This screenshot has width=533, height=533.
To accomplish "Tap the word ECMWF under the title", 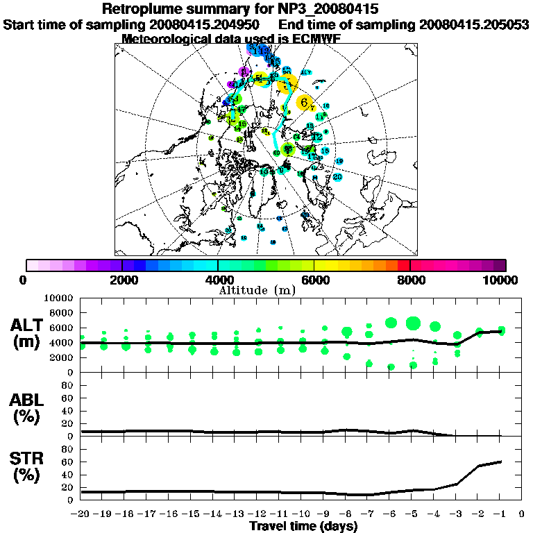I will click(311, 39).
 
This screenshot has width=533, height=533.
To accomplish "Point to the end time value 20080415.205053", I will click(474, 24).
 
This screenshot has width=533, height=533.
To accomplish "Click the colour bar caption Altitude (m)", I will click(257, 289).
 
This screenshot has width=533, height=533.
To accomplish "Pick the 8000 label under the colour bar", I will click(410, 280).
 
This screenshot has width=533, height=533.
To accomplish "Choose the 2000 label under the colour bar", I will click(122, 280).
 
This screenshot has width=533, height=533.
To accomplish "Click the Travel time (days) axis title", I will click(303, 526).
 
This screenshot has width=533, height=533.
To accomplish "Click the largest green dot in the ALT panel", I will click(413, 323).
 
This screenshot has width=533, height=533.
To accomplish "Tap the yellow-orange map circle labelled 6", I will click(304, 102).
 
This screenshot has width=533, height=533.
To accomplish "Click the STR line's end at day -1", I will click(500, 462).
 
